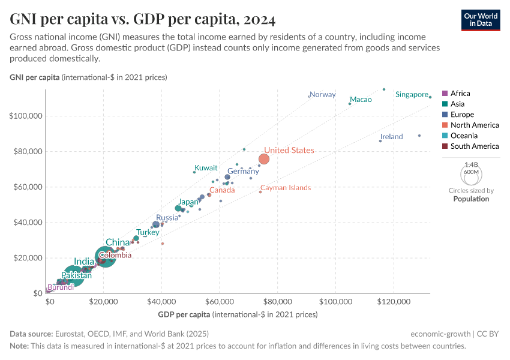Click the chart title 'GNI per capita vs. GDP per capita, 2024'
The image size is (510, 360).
[143, 20]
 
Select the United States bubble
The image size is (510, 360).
[263, 159]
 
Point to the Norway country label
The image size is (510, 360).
[323, 95]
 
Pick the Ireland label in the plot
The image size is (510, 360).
[392, 137]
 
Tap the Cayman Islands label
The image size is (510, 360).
[286, 188]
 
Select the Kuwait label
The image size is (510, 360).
[206, 168]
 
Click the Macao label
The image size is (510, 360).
[361, 100]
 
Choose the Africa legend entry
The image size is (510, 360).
[460, 94]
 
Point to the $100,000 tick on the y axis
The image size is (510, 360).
[25, 116]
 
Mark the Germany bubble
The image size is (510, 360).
[227, 177]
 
